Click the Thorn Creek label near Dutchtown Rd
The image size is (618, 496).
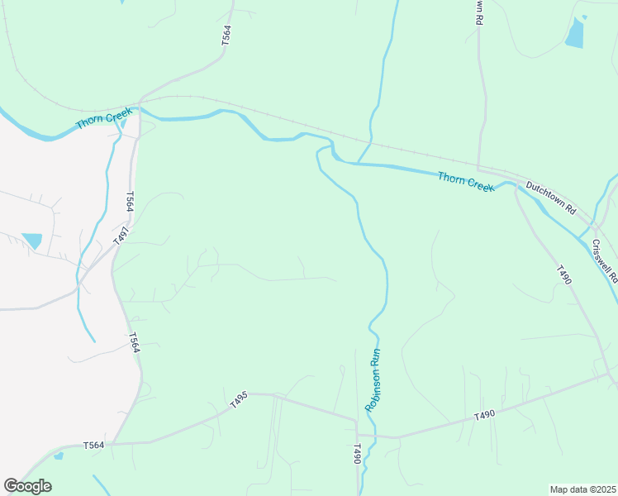tap(466, 181)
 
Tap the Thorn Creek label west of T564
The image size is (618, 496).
tap(104, 117)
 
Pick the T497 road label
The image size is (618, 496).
tap(121, 235)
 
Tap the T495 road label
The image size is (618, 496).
tap(239, 400)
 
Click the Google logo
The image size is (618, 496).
tap(28, 486)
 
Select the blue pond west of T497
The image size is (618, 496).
tap(32, 241)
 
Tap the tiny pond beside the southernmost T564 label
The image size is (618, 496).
tap(58, 455)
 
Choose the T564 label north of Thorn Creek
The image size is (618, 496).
tap(226, 35)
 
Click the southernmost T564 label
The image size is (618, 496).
tap(94, 446)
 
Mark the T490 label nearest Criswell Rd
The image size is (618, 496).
tap(563, 275)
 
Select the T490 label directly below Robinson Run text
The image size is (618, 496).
tap(358, 454)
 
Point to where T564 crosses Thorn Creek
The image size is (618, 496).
tap(140, 108)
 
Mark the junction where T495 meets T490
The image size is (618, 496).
tap(357, 420)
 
